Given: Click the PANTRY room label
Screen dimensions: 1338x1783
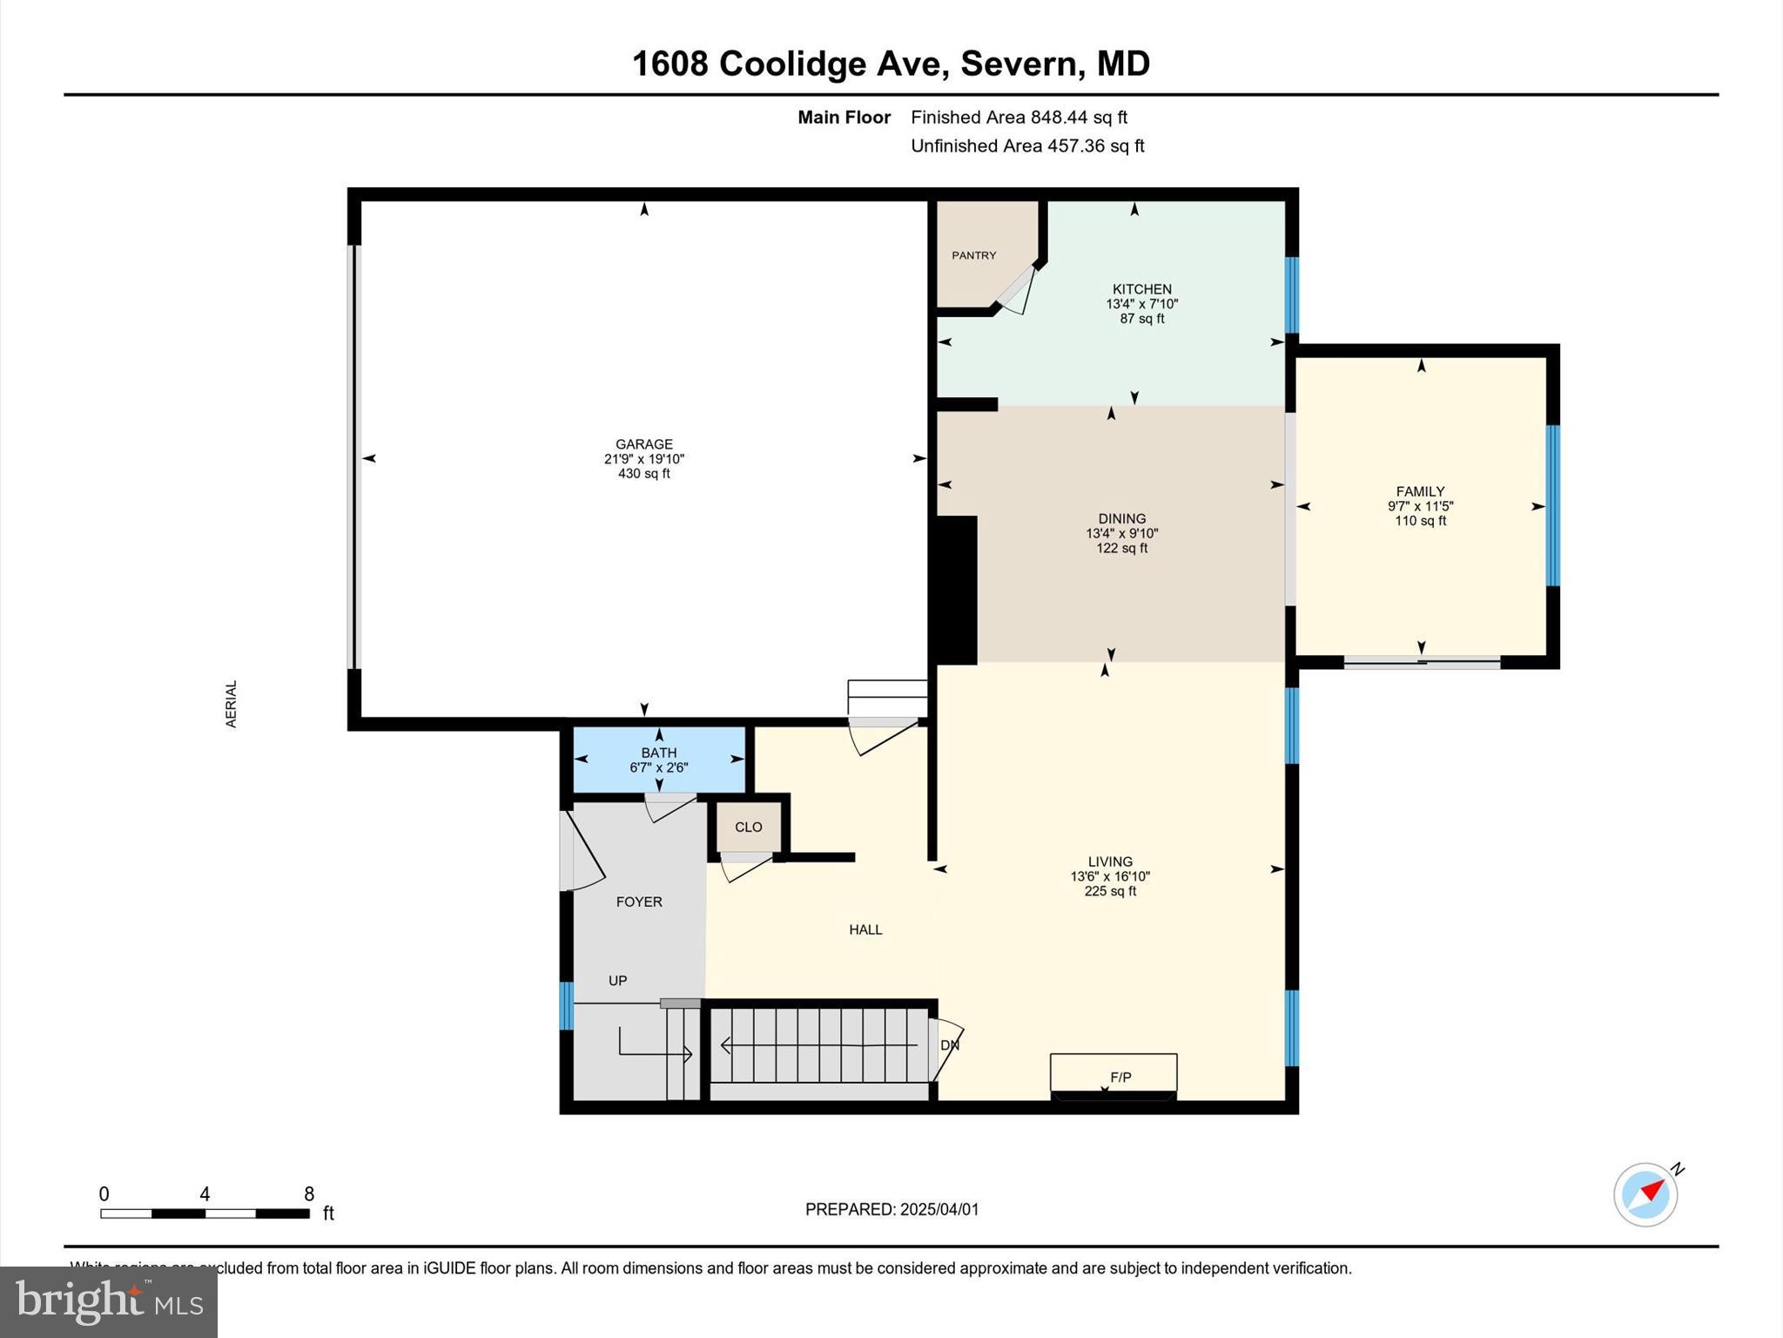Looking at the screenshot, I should (x=973, y=255).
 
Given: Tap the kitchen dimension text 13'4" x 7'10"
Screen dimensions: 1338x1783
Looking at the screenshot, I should (x=1141, y=304).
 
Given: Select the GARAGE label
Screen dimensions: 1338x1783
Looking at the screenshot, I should (x=644, y=444).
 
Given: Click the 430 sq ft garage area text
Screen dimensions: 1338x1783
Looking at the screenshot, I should (x=644, y=474).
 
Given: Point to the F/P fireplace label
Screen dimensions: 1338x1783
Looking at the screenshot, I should (x=1120, y=1078).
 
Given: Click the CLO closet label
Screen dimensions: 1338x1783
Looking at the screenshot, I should (x=748, y=827).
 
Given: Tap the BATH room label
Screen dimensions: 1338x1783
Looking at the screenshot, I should (x=659, y=753).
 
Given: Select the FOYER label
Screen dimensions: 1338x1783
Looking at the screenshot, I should (x=639, y=902).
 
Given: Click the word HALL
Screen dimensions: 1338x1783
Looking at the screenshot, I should (x=865, y=929).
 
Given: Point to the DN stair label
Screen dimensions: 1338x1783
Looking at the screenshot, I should (x=950, y=1044).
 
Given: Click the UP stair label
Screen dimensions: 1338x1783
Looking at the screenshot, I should (x=617, y=981).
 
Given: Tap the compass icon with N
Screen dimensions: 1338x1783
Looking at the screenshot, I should (x=1645, y=1194).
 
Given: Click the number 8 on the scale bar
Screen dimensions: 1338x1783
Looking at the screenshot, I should (x=309, y=1194).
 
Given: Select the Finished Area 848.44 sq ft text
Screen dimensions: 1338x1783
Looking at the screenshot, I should (x=1019, y=117).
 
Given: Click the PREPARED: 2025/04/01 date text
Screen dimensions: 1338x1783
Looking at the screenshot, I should (x=891, y=1209).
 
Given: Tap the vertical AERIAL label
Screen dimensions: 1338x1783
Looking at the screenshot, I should (x=232, y=704).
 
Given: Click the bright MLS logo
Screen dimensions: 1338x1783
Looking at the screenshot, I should (x=109, y=1301).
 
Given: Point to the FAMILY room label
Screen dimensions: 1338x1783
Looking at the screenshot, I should (x=1420, y=491).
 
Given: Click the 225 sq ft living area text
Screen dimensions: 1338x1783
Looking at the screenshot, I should (x=1110, y=891).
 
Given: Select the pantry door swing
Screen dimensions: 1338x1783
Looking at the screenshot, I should (x=1017, y=291).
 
